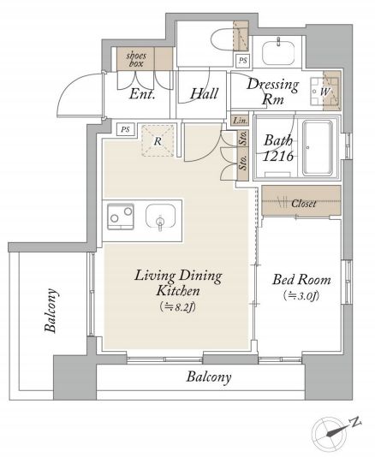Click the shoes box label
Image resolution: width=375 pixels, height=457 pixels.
coord(136,59)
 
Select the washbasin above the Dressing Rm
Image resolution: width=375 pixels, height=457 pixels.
coord(278,52)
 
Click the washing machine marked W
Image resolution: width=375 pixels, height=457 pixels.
coord(324,92)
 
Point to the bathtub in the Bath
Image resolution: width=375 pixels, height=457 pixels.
coord(318,148)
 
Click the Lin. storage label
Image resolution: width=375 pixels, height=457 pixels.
coord(240,120)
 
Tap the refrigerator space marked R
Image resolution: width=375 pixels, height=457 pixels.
coord(158,141)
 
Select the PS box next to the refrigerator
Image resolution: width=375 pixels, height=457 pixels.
coord(125,129)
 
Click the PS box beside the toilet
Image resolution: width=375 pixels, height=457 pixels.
coord(242,61)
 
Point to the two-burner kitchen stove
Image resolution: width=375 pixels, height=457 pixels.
coord(121,217)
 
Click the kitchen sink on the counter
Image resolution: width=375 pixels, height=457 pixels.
coord(160,217)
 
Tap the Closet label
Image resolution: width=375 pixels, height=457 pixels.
coord(304,203)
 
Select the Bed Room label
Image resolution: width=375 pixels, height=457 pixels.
coord(301,280)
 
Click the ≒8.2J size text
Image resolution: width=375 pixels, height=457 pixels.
coord(177,307)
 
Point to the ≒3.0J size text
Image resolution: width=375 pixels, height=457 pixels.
coord(301,296)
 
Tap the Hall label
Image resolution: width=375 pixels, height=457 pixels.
coord(204,93)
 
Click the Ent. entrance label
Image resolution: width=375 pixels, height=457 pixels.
coord(142,94)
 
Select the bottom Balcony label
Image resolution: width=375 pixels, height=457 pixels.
coord(209,377)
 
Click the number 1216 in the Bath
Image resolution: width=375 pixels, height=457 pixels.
coord(278,157)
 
